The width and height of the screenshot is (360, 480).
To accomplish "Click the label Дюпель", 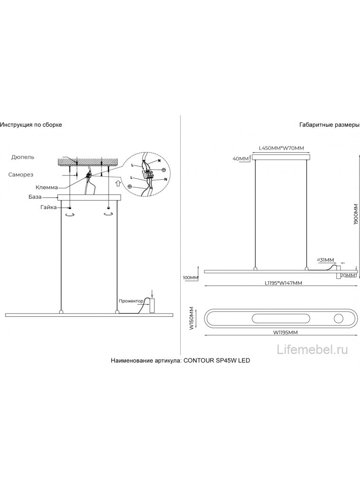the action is [23, 157].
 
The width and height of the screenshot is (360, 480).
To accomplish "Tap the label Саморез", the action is [20, 175].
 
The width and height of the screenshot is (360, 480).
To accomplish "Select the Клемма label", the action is [46, 187].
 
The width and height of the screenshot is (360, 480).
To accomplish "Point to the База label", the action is [35, 197].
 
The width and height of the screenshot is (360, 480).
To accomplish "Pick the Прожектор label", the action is [131, 301].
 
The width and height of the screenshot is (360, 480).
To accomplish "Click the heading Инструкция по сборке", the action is [31, 125].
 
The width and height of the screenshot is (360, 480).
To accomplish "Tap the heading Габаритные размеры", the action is [329, 125].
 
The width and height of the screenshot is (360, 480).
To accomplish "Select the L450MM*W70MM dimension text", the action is [281, 148].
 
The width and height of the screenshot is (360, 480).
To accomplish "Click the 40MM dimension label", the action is [240, 158].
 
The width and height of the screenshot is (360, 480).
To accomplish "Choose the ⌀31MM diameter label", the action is [326, 260].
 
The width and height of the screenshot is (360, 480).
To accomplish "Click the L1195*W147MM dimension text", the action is [283, 283].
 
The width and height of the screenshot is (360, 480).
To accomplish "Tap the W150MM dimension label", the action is [191, 318].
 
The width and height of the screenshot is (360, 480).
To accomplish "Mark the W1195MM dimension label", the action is [286, 332].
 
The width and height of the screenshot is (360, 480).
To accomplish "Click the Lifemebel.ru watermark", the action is [312, 350].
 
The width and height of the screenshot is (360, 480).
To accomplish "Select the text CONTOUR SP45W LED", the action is [217, 360].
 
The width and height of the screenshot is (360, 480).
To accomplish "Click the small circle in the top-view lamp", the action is [339, 319].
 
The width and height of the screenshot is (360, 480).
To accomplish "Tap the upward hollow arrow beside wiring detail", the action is [118, 183].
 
